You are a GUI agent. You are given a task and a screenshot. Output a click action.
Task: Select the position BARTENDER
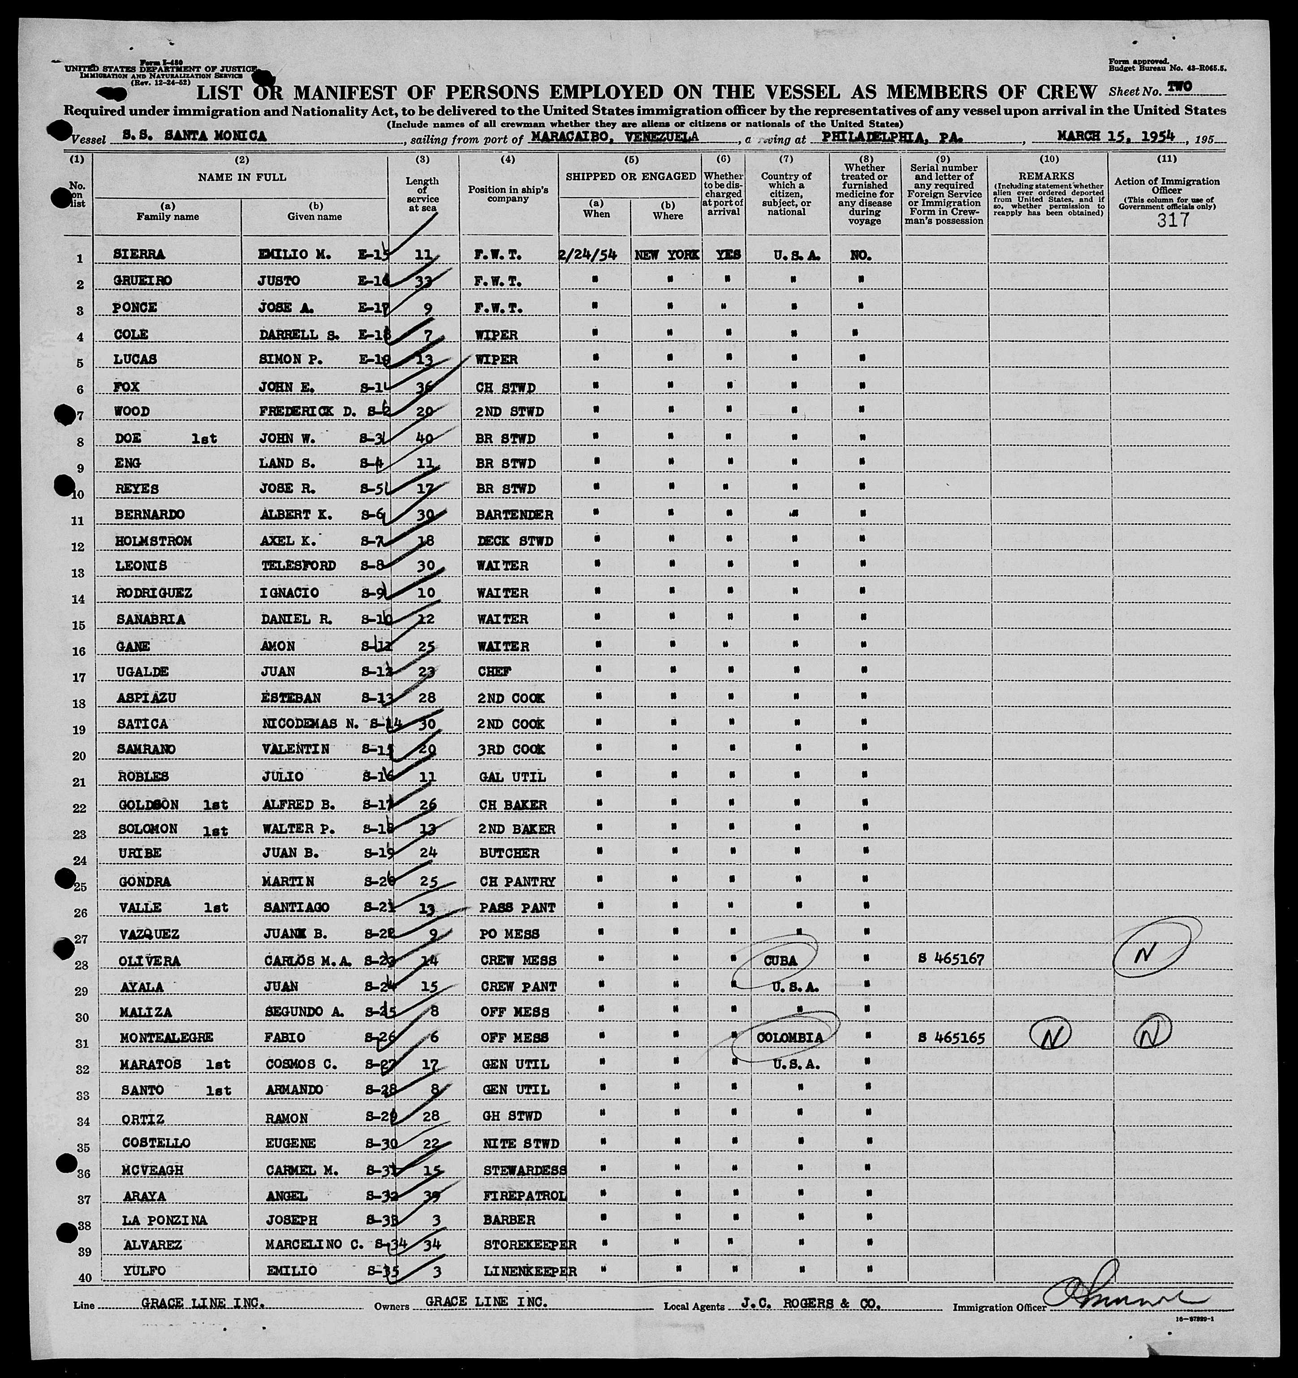point(516,514)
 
